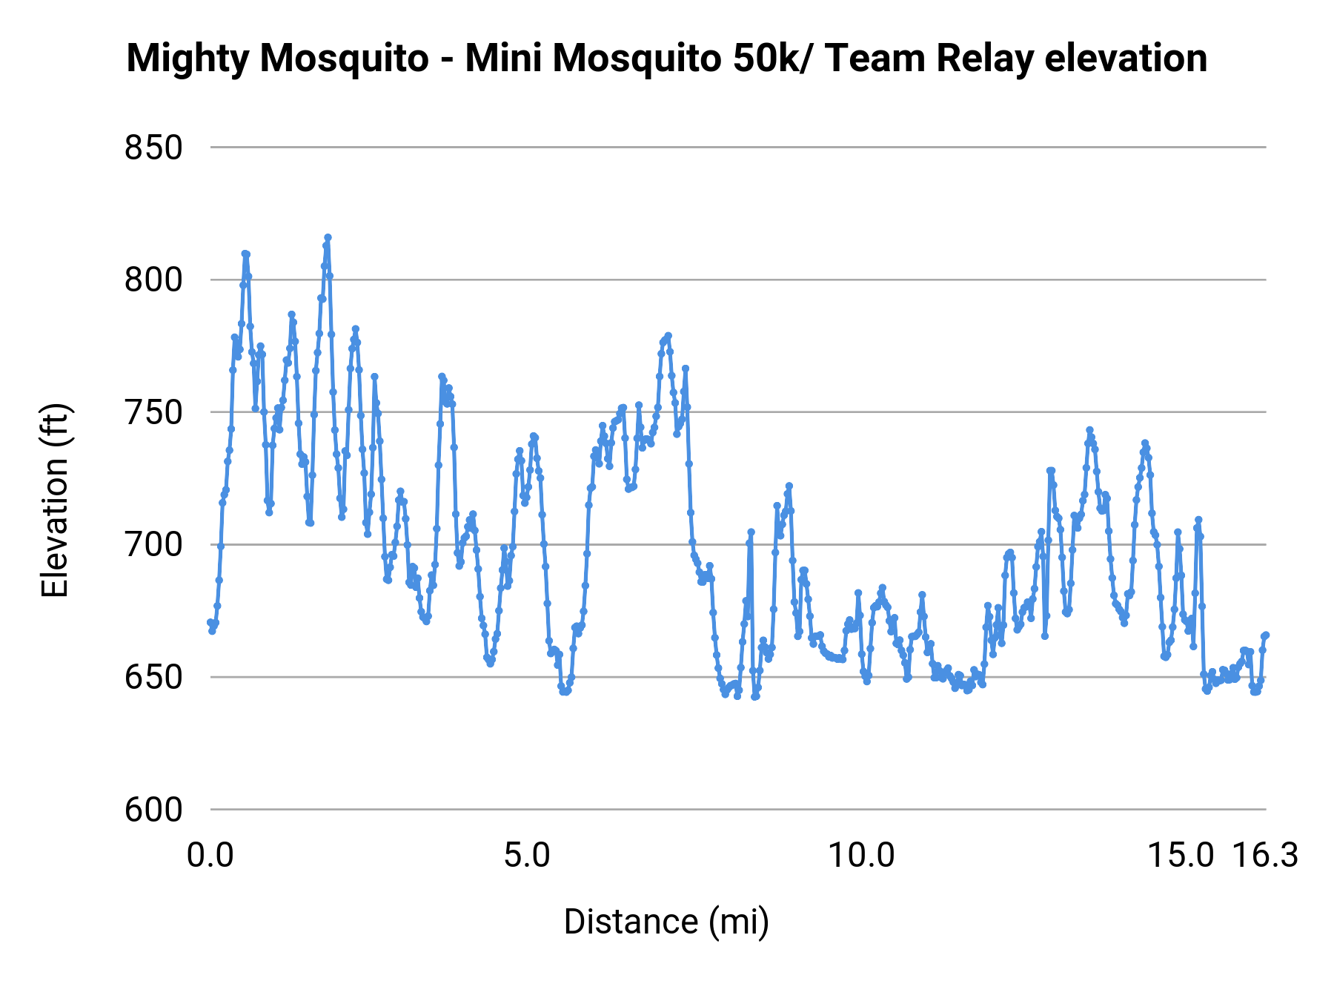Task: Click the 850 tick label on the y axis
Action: coord(153,148)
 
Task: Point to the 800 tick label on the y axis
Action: coord(153,281)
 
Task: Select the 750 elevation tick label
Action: coord(153,413)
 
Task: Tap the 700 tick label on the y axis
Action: coord(153,546)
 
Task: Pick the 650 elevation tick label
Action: coord(153,678)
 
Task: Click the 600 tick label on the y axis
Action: coord(153,810)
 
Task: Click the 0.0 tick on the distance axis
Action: coord(210,856)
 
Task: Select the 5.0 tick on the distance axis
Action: coord(527,856)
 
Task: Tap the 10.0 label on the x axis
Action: coord(861,856)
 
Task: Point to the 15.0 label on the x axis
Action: coord(1181,856)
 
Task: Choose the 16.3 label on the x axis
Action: coord(1265,856)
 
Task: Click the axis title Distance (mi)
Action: coord(666,922)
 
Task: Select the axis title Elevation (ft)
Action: coord(55,500)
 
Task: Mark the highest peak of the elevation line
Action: coord(328,237)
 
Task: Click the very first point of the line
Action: coord(210,622)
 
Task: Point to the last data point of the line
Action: coord(1266,635)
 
